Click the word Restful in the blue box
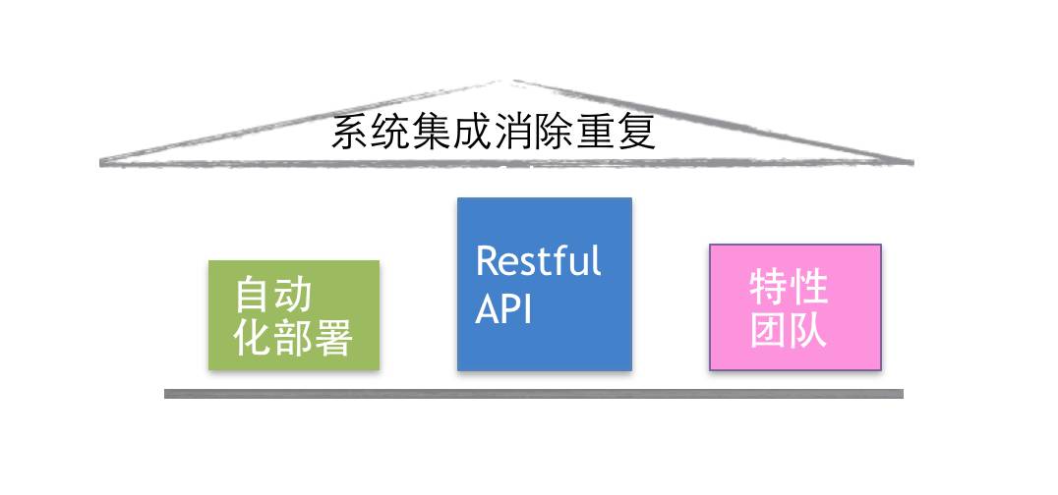[538, 262]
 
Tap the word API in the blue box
[503, 309]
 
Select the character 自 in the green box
[253, 295]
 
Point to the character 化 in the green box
[253, 339]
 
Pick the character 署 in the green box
[334, 339]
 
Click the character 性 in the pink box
[809, 288]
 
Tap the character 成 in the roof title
[474, 133]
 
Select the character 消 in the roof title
[515, 133]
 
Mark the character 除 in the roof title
[557, 133]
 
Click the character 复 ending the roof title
[637, 133]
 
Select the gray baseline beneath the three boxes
[533, 394]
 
